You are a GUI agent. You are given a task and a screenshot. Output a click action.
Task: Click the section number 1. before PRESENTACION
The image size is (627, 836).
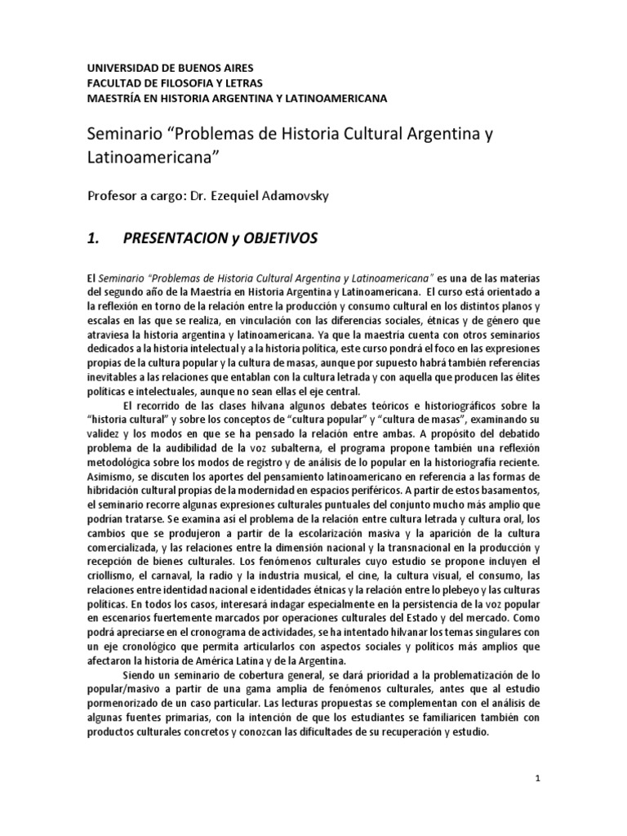click(93, 238)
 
